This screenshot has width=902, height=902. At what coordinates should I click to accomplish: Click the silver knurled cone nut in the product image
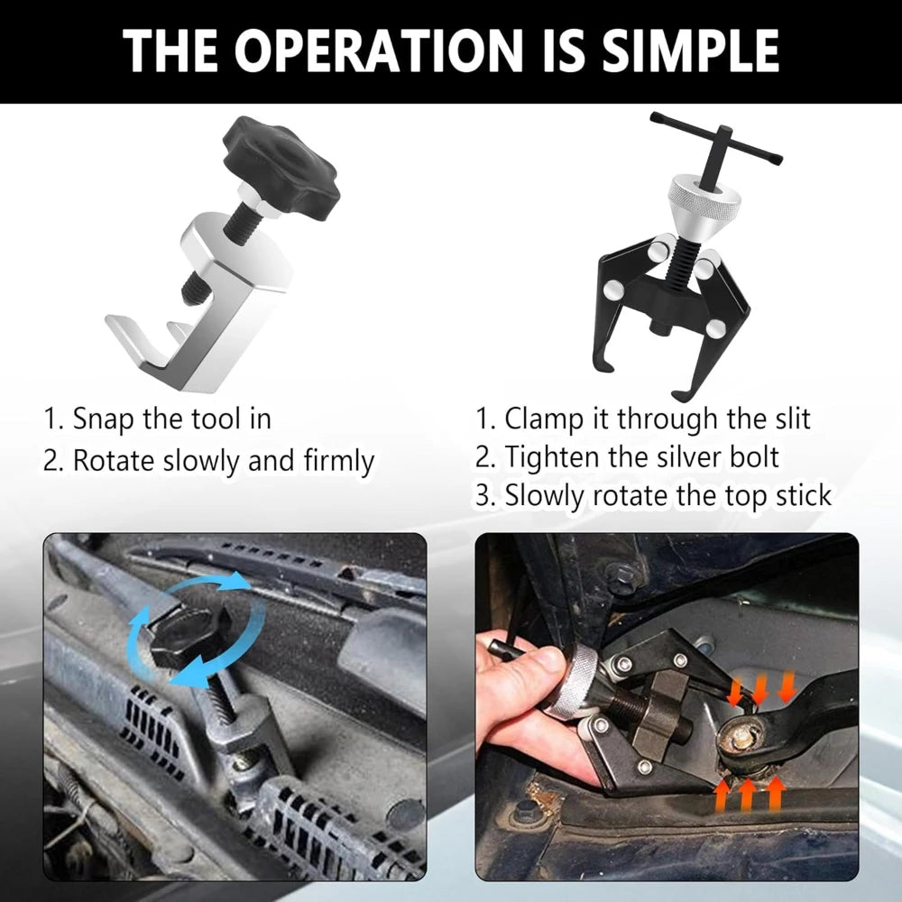[x=703, y=202]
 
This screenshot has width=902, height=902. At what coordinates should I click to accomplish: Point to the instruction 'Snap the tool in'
[x=158, y=419]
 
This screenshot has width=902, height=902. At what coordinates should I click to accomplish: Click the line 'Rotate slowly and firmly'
[x=209, y=461]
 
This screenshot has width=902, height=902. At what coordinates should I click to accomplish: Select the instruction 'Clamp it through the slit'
[x=644, y=419]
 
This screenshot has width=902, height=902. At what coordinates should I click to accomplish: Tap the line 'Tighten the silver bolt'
[x=628, y=457]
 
